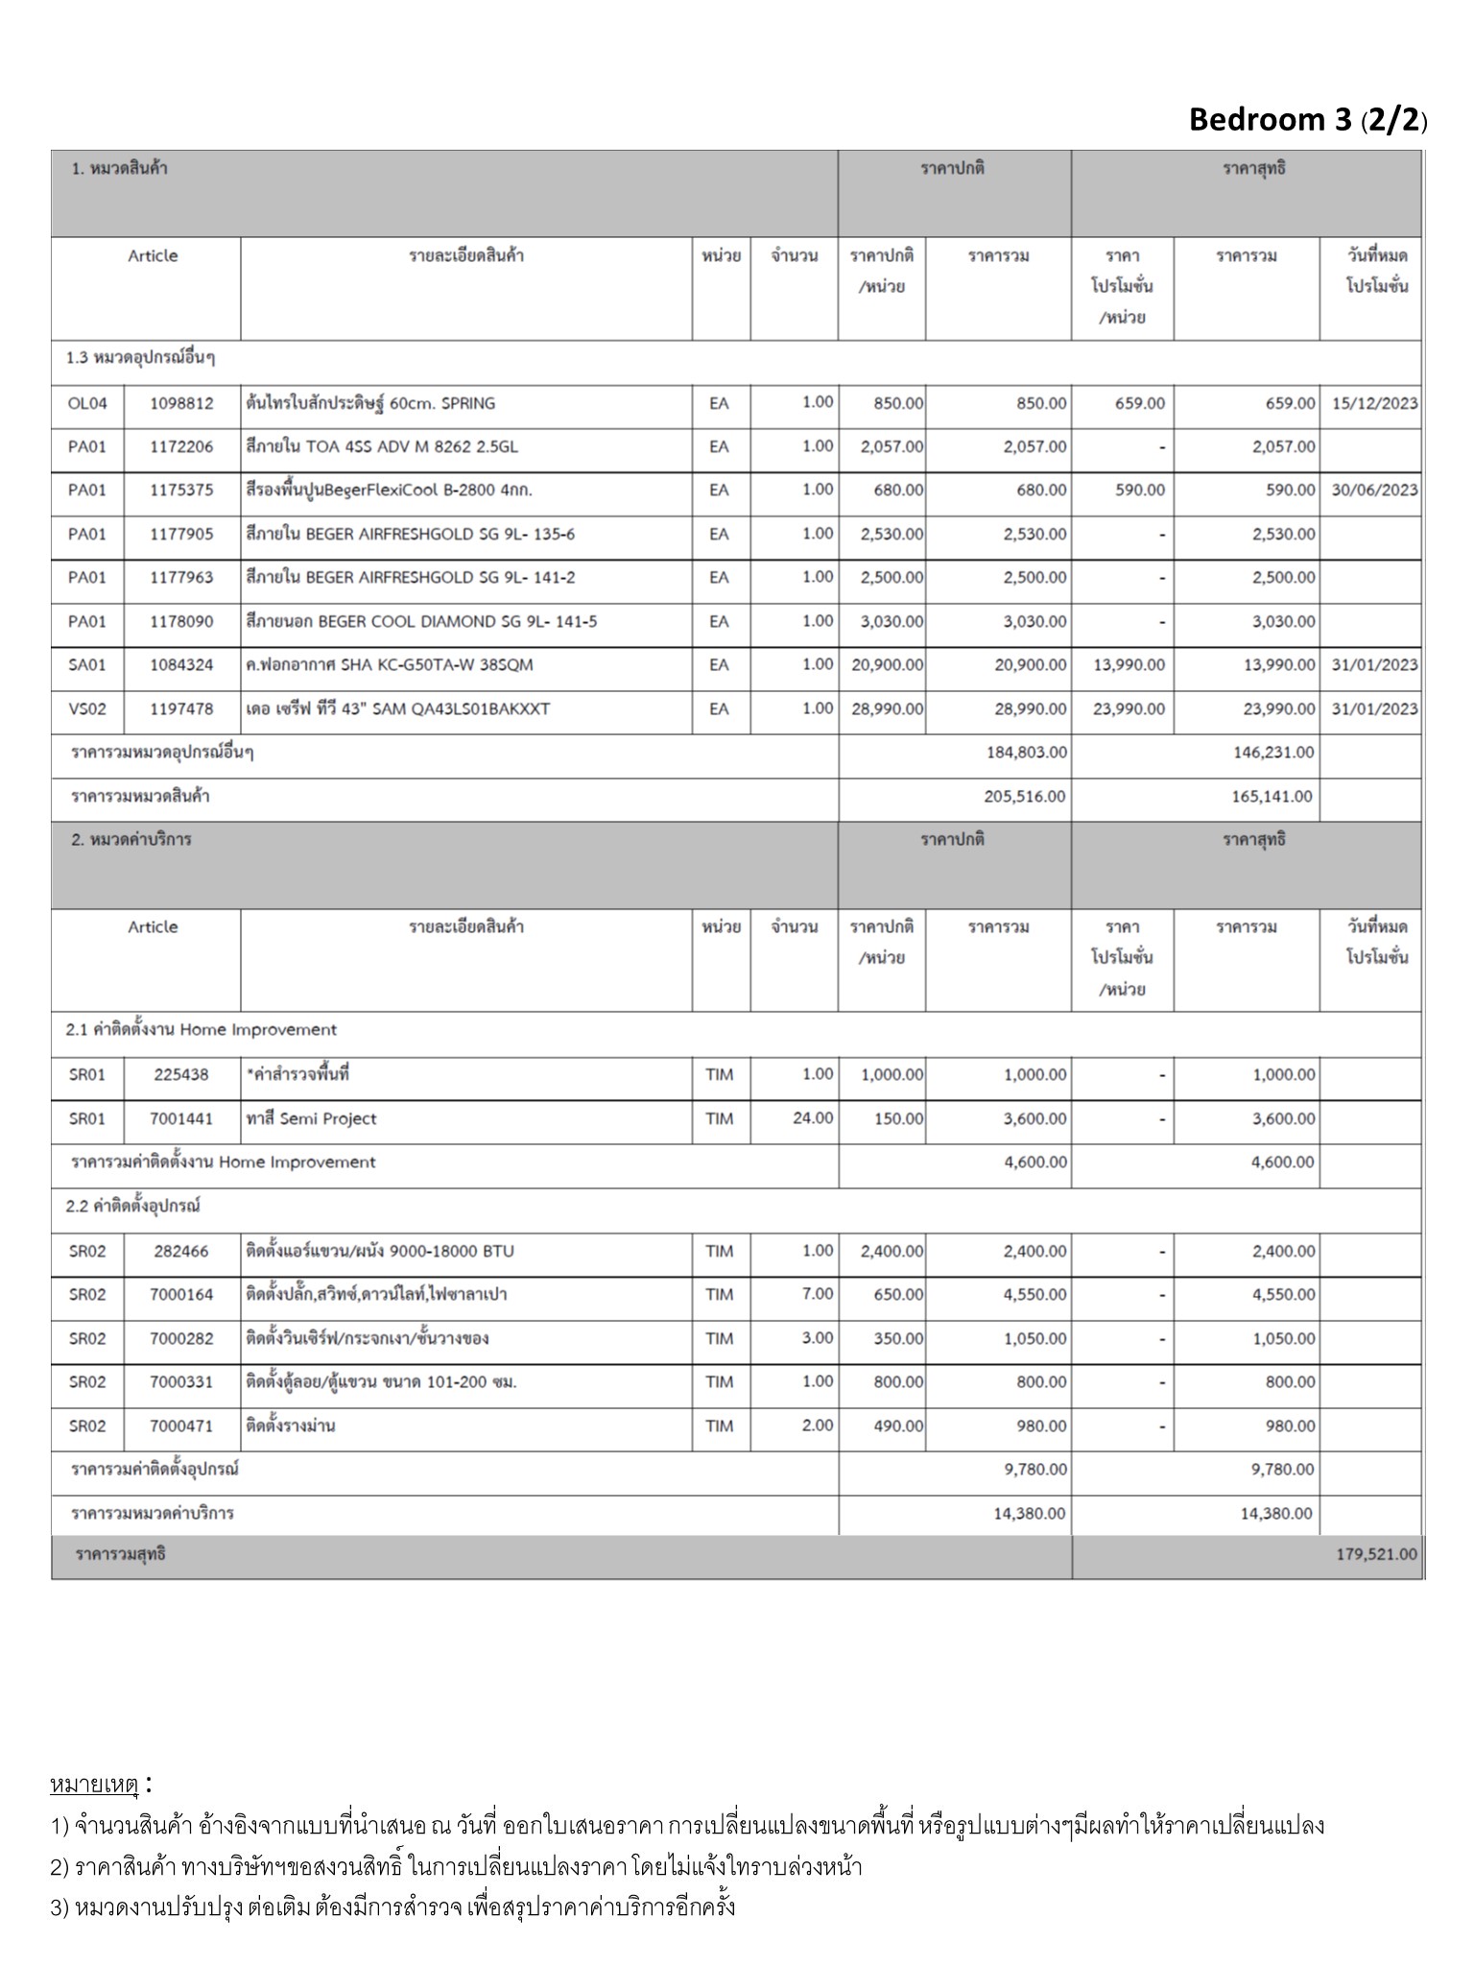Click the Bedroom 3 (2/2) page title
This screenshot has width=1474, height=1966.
tap(1307, 120)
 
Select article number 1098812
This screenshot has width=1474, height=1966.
tap(181, 403)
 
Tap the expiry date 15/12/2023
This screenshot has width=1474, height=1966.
tap(1374, 403)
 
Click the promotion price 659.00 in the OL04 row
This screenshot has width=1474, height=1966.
tap(1139, 403)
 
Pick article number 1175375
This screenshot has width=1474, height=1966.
tap(181, 491)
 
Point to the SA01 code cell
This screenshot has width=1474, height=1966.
tap(87, 665)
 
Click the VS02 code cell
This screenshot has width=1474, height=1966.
tap(87, 709)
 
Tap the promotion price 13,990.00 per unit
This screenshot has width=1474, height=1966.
tap(1129, 665)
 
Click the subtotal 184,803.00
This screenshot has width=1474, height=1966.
tap(1026, 753)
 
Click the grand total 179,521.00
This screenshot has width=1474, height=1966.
tap(1376, 1554)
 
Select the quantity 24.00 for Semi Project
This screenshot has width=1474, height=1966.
tap(813, 1118)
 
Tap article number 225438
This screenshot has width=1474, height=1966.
tap(181, 1075)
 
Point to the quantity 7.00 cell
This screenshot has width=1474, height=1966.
tap(817, 1294)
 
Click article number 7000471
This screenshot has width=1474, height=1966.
tap(181, 1427)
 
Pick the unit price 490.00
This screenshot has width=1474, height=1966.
tap(898, 1427)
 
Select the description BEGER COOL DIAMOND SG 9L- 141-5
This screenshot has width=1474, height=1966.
tap(421, 622)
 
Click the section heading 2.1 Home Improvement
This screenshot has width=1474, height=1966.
tap(202, 1030)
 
